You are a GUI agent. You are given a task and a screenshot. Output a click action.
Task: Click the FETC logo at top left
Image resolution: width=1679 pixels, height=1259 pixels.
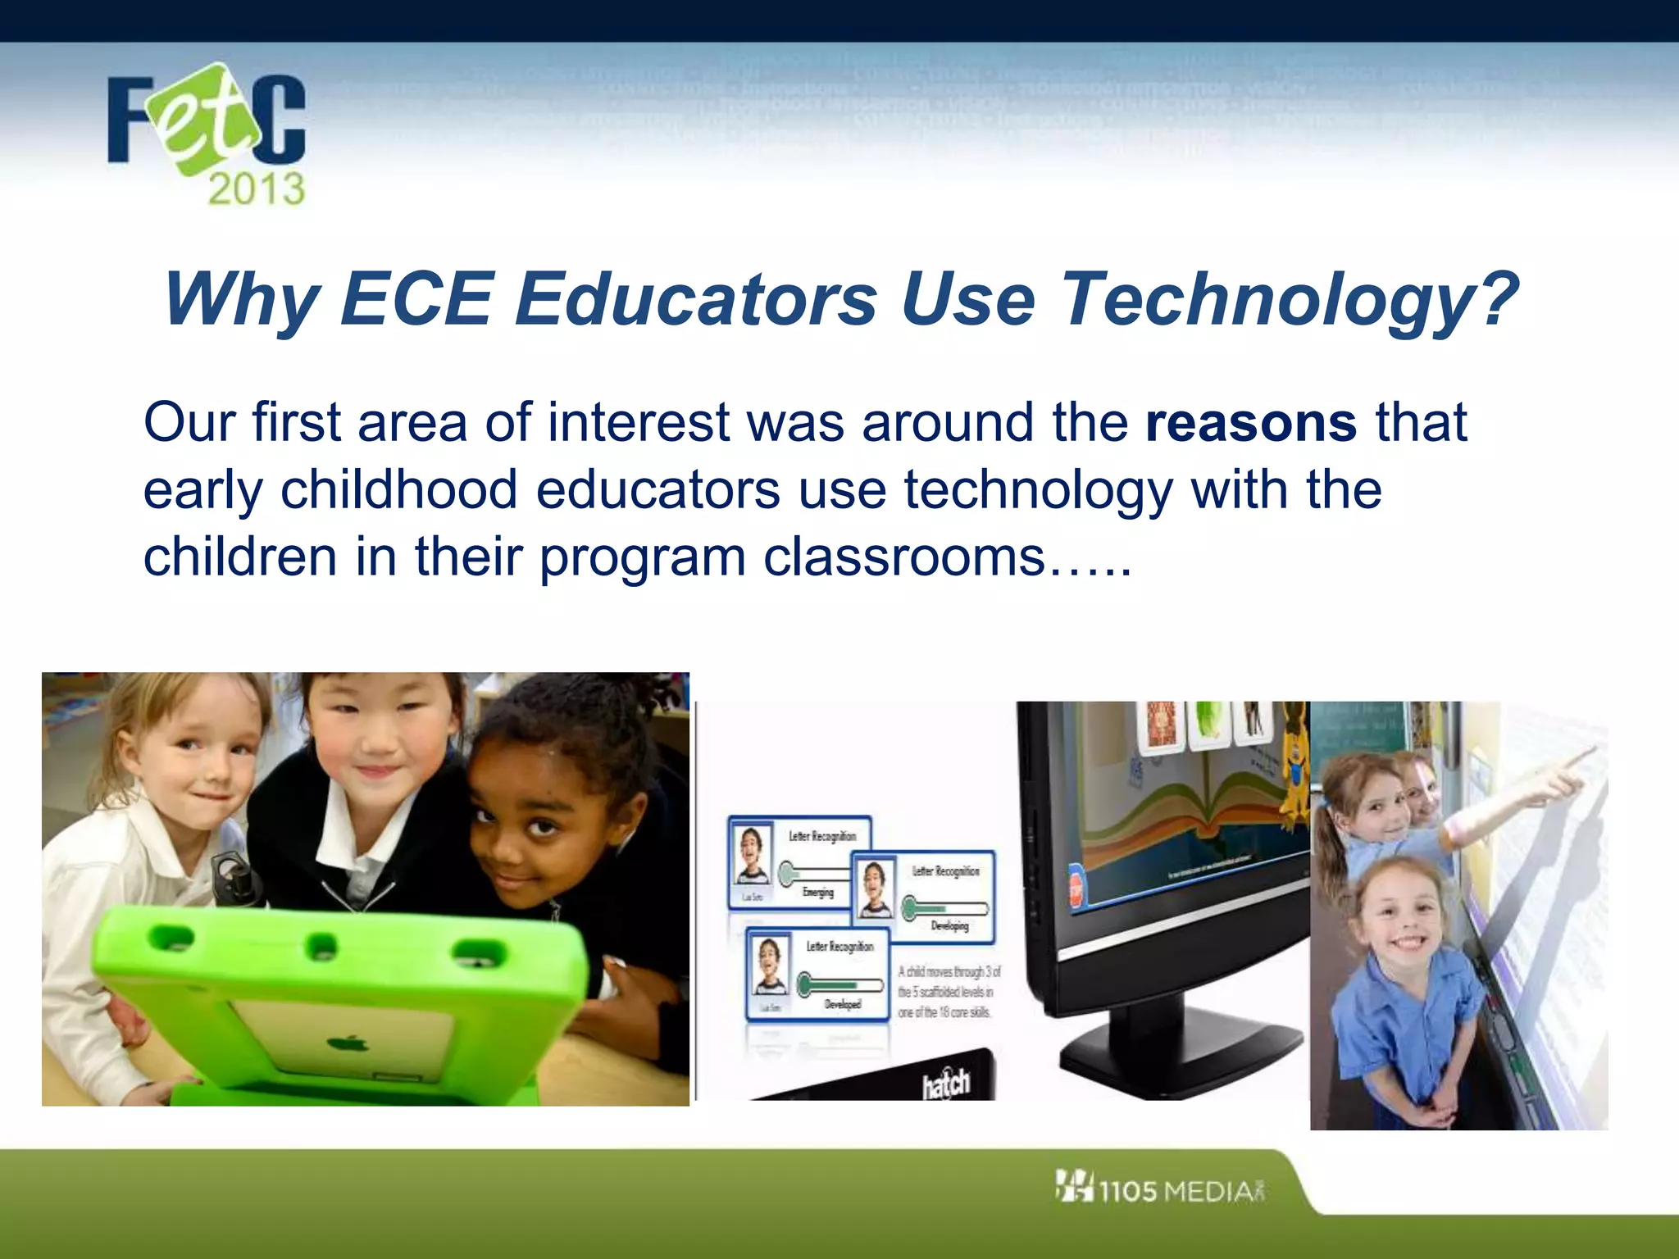click(x=207, y=123)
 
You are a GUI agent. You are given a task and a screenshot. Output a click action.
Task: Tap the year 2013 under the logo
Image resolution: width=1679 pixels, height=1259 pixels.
click(x=257, y=189)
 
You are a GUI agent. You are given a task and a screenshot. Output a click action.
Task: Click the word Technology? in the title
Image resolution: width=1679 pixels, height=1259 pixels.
click(x=1289, y=299)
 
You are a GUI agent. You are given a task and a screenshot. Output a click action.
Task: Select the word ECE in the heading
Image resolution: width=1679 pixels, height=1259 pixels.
click(x=416, y=299)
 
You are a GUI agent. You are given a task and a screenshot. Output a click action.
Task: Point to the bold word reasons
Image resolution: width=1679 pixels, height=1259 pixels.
click(x=1251, y=424)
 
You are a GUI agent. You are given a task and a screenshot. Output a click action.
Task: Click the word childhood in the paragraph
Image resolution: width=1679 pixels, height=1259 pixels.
click(x=398, y=490)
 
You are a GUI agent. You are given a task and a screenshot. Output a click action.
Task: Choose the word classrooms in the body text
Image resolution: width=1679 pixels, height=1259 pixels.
click(x=904, y=557)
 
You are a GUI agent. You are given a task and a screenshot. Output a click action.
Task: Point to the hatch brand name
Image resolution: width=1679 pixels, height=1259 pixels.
click(x=947, y=1083)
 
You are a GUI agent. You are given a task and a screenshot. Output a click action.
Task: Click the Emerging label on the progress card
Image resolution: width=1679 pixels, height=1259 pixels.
click(x=817, y=893)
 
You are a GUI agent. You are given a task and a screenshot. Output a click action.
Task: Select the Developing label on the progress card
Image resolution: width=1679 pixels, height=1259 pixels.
click(x=949, y=926)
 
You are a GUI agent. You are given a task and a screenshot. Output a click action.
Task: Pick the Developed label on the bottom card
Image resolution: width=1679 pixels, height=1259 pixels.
click(x=843, y=1004)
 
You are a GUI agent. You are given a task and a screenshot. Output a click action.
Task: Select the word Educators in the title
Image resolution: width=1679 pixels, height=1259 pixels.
click(x=697, y=299)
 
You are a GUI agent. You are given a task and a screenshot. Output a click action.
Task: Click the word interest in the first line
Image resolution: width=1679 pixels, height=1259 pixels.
click(x=639, y=424)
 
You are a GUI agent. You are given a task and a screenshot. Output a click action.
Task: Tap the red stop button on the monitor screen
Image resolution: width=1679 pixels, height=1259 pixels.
click(x=1076, y=889)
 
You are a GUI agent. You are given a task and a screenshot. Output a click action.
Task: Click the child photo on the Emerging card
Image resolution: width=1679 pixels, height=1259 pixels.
click(x=752, y=854)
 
